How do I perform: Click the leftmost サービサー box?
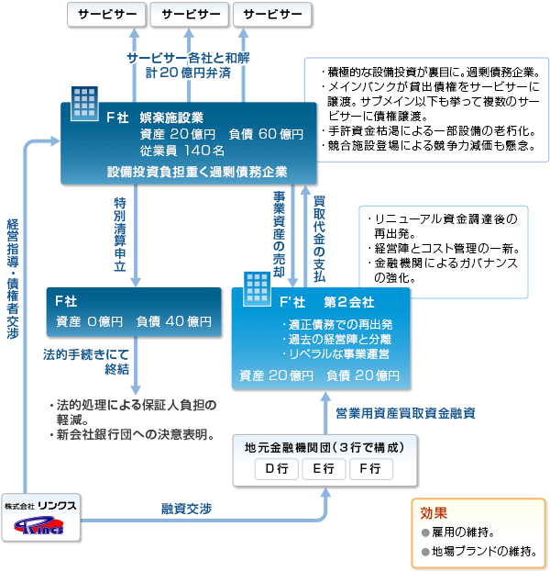(x=106, y=15)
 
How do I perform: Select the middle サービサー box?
(x=190, y=15)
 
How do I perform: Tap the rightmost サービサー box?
(x=272, y=15)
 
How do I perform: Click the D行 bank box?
(x=277, y=469)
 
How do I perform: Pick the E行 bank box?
(x=324, y=469)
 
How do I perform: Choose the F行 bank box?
(x=371, y=469)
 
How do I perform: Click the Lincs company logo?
(x=38, y=526)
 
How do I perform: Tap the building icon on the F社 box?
(x=84, y=104)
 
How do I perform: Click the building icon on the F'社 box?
(x=258, y=289)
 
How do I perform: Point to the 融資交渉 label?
(x=186, y=509)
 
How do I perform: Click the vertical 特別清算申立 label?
(x=120, y=234)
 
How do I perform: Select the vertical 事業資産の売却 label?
(x=280, y=234)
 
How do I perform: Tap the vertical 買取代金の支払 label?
(x=319, y=239)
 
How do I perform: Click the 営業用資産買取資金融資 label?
(x=406, y=413)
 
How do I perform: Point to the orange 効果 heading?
(x=434, y=513)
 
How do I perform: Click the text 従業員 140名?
(x=182, y=151)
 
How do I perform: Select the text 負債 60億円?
(x=266, y=134)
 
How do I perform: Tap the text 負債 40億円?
(x=174, y=321)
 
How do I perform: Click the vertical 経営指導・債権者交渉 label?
(x=13, y=279)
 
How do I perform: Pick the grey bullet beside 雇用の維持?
(x=425, y=533)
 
